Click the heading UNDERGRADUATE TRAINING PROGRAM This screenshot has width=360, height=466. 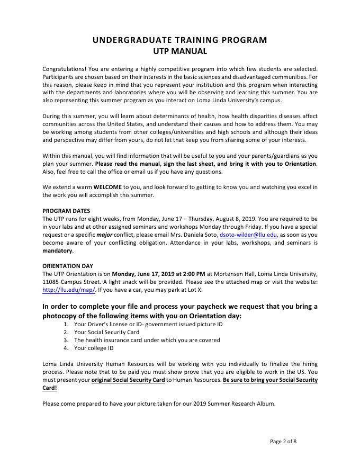point(180,40)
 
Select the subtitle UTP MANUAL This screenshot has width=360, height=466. point(180,51)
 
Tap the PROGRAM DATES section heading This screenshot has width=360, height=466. point(66,211)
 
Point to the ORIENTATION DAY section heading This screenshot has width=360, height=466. point(69,266)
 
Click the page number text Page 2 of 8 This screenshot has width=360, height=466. point(283,441)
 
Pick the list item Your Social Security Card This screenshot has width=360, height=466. point(107,332)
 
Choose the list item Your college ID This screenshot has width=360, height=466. point(94,348)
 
